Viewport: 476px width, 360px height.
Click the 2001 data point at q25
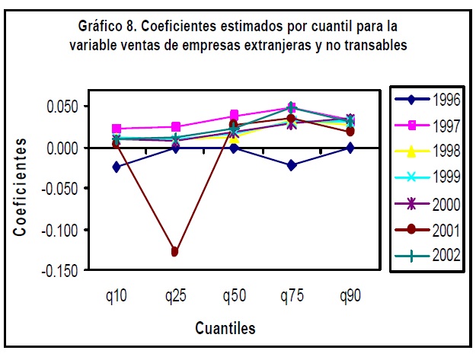[x=175, y=251]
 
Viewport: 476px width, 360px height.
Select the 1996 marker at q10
[x=117, y=167]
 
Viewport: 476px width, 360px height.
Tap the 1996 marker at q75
[x=292, y=165]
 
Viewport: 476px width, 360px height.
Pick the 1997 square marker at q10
[x=117, y=129]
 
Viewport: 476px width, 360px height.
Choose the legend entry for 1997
[x=428, y=124]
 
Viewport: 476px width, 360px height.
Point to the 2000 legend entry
[x=428, y=202]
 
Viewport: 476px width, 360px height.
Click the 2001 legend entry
[x=428, y=228]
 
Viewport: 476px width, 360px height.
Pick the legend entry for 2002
[x=428, y=255]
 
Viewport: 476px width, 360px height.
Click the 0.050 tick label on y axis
[x=62, y=106]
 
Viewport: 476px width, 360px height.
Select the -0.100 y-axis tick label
[x=60, y=229]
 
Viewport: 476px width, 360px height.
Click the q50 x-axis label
[x=234, y=296]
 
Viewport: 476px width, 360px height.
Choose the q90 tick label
[x=350, y=296]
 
